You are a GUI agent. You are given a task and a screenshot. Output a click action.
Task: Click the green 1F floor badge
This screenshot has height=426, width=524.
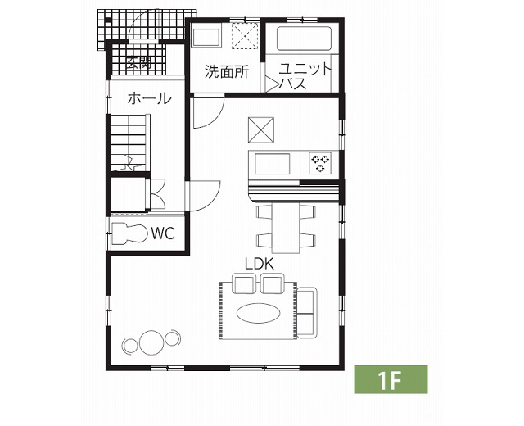(391, 379)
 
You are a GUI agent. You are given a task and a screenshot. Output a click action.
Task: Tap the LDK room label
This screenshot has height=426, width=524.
(260, 264)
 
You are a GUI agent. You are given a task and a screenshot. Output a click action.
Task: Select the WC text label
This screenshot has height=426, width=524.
(163, 233)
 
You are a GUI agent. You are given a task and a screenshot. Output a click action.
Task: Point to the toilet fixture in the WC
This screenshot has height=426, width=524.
(129, 233)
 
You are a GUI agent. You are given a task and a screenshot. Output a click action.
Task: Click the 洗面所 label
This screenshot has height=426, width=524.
(227, 71)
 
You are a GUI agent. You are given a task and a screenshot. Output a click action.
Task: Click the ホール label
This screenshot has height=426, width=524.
(149, 98)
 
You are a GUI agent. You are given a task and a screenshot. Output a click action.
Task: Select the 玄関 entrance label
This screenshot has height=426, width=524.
(139, 62)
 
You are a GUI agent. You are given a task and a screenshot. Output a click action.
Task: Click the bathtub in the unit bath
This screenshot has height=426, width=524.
(304, 39)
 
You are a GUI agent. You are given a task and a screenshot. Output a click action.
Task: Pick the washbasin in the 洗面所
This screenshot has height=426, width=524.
(206, 38)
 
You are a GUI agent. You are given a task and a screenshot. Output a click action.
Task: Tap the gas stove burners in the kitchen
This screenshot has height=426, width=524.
(320, 163)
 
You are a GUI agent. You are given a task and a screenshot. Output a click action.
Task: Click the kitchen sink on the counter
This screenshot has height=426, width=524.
(273, 164)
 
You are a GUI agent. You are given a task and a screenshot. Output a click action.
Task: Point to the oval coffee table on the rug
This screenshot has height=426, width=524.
(259, 313)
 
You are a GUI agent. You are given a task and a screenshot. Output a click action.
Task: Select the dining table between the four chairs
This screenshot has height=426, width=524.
(286, 228)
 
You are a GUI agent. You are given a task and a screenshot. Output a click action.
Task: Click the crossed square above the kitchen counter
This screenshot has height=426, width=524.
(261, 130)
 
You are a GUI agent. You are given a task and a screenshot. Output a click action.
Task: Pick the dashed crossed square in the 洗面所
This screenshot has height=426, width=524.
(246, 35)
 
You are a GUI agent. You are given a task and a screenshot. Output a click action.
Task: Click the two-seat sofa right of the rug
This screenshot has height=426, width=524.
(307, 312)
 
